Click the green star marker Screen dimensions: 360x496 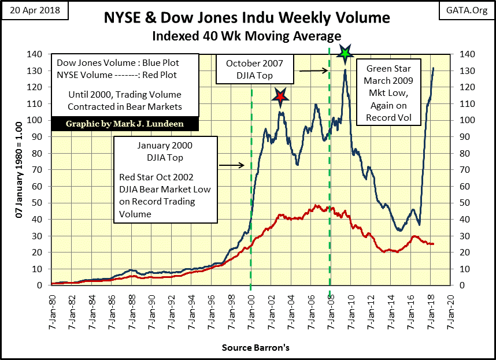tap(345, 54)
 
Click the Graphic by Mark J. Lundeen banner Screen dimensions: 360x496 tap(125, 124)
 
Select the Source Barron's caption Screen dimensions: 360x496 tap(247, 348)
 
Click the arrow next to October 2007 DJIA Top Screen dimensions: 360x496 tap(312, 70)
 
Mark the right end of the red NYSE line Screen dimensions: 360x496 tap(434, 244)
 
